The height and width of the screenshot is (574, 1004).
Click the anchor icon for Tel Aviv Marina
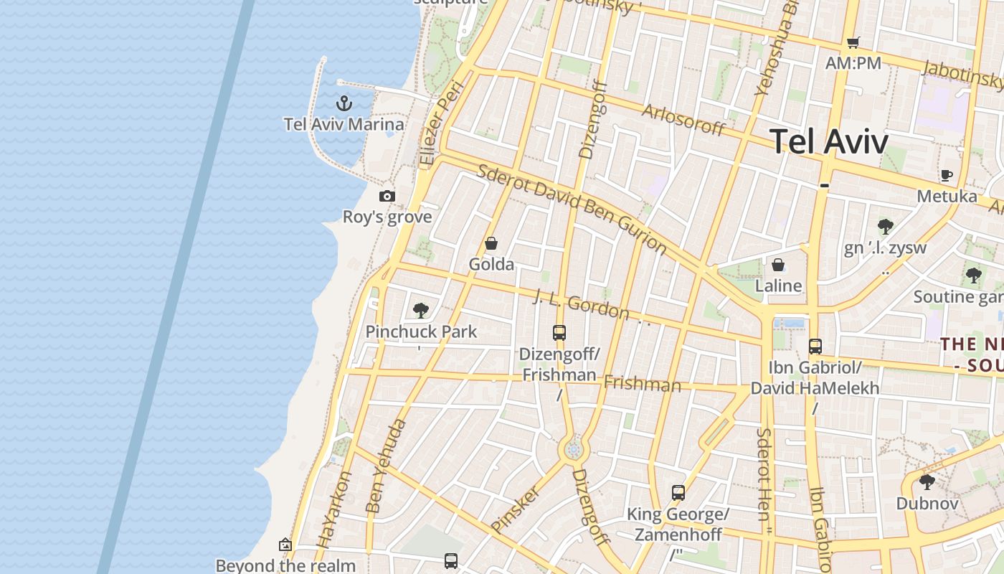(344, 103)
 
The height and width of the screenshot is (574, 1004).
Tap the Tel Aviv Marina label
(344, 124)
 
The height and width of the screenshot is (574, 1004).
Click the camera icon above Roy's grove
(387, 196)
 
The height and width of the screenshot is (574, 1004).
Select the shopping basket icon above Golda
(491, 243)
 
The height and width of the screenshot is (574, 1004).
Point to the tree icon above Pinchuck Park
(421, 311)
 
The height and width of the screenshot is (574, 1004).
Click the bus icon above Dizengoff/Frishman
(559, 333)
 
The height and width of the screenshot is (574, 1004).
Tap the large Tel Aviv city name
(829, 141)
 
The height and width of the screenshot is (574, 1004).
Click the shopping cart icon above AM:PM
(853, 42)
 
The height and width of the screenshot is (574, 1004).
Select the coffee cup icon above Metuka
(947, 175)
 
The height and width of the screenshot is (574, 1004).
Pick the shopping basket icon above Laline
(778, 265)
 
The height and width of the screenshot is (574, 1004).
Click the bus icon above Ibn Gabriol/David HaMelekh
(815, 347)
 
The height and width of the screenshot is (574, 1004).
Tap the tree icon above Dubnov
(927, 481)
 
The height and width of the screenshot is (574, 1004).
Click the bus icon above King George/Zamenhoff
(678, 493)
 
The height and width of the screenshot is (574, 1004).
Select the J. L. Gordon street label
(581, 305)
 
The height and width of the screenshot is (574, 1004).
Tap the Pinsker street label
(515, 510)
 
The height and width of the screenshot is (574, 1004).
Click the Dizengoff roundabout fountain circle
(573, 450)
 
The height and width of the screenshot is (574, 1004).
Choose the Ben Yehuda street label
(386, 466)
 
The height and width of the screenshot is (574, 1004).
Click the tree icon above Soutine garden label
(973, 275)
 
